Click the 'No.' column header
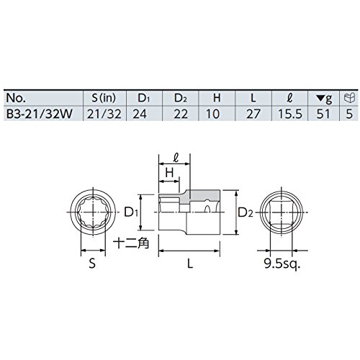coord(16,98)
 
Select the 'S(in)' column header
coord(104,98)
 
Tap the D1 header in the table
coord(143,98)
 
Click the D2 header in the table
coord(181,98)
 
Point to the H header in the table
coord(217,98)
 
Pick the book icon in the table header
coord(349,98)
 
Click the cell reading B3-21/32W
coord(39,114)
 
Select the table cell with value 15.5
coord(290,114)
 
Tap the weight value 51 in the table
coord(323,114)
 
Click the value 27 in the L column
coord(253,114)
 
